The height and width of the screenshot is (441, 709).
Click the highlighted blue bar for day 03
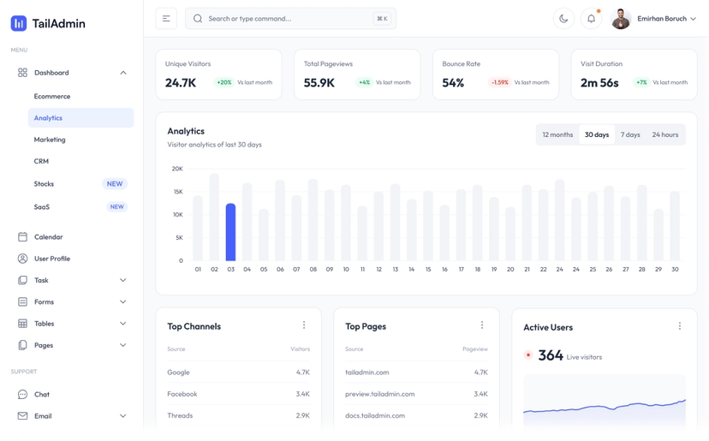click(x=230, y=232)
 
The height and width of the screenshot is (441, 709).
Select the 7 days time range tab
click(x=630, y=134)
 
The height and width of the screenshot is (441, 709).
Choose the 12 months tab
click(x=557, y=134)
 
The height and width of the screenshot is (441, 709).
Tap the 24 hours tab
click(x=664, y=134)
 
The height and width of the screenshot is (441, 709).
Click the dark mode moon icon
click(x=563, y=19)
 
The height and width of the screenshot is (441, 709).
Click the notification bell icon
click(x=591, y=19)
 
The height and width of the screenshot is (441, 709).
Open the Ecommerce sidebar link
click(x=52, y=97)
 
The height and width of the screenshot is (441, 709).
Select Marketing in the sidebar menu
click(x=50, y=140)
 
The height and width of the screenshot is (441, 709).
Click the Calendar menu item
click(x=48, y=237)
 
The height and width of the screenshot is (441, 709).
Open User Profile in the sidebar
click(x=51, y=259)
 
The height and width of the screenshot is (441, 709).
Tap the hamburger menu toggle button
click(x=166, y=19)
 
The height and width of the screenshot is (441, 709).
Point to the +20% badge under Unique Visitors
click(x=223, y=83)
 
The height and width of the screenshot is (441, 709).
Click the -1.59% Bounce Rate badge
click(x=499, y=83)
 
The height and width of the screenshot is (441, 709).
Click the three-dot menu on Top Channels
click(x=304, y=325)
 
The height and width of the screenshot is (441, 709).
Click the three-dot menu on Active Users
click(x=680, y=326)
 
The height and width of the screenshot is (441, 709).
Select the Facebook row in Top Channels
click(x=182, y=394)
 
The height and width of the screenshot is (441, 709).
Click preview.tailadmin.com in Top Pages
click(x=379, y=394)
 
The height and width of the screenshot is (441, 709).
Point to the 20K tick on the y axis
click(x=177, y=169)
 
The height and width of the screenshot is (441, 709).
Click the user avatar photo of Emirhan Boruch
click(x=621, y=19)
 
